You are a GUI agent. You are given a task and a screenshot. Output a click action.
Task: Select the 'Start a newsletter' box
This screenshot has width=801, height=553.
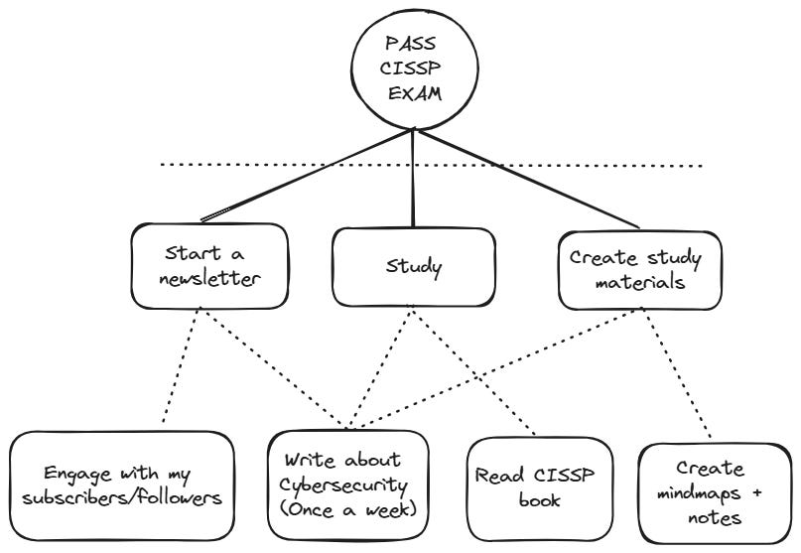pyautogui.click(x=209, y=266)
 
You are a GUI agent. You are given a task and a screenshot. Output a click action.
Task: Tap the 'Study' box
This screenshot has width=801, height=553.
pyautogui.click(x=413, y=267)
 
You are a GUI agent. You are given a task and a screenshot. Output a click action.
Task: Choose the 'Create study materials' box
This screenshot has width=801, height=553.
pyautogui.click(x=639, y=270)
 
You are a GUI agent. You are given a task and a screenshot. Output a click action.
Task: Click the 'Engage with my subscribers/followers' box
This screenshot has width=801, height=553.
pyautogui.click(x=122, y=485)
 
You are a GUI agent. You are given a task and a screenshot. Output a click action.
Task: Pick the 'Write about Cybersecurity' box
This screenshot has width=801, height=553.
pyautogui.click(x=348, y=485)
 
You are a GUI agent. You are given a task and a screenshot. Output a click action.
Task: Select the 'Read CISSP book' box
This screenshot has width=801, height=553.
pyautogui.click(x=539, y=489)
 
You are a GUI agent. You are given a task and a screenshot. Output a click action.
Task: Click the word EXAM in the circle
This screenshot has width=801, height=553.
pyautogui.click(x=414, y=93)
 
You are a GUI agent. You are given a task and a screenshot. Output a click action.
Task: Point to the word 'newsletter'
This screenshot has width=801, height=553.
pyautogui.click(x=209, y=279)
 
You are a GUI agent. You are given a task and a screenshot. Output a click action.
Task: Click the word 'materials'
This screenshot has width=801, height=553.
pyautogui.click(x=639, y=282)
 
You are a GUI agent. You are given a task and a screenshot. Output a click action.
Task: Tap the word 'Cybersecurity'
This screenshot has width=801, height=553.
pyautogui.click(x=343, y=486)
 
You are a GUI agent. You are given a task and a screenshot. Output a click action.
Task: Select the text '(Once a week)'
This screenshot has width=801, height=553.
pyautogui.click(x=348, y=509)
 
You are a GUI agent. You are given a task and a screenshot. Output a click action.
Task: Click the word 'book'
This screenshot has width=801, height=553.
pyautogui.click(x=539, y=499)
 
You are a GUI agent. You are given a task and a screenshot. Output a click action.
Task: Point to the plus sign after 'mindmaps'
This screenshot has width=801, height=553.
pyautogui.click(x=756, y=492)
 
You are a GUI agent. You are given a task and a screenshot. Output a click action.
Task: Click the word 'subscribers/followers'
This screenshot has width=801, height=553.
pyautogui.click(x=122, y=497)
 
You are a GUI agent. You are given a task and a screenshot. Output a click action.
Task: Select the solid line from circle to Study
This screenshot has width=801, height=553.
pyautogui.click(x=413, y=179)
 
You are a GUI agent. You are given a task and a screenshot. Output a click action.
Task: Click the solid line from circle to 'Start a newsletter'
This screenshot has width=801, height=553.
pyautogui.click(x=307, y=176)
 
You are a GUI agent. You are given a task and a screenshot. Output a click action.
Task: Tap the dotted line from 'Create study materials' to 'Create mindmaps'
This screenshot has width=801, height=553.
pyautogui.click(x=675, y=373)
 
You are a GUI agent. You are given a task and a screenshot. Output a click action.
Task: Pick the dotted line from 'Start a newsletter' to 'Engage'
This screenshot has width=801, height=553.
pyautogui.click(x=182, y=365)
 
